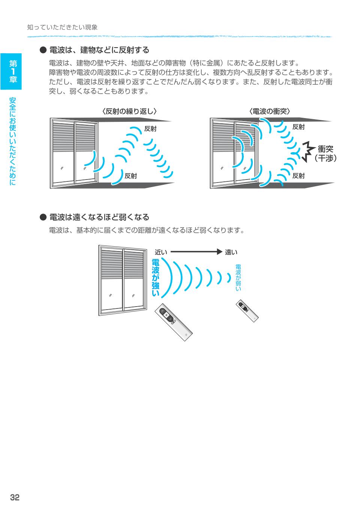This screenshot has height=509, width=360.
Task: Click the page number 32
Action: [15, 497]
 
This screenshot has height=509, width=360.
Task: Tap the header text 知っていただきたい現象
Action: [62, 27]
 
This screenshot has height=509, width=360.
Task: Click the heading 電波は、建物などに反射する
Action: [99, 50]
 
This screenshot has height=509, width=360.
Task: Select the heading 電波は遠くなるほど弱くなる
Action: [99, 217]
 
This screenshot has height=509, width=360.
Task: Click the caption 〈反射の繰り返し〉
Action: [129, 111]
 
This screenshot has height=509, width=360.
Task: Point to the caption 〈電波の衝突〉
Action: [270, 111]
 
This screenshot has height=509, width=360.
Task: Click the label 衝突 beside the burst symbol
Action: [325, 149]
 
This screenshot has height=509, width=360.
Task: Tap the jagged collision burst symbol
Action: [308, 151]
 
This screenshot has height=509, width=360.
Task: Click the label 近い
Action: [161, 252]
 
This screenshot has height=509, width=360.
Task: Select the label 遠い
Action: [231, 252]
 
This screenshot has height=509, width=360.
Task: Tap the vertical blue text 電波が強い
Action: [156, 278]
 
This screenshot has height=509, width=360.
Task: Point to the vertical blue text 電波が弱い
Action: [238, 277]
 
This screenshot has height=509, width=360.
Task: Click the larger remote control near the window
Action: [174, 322]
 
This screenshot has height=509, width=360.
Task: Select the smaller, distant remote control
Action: [247, 311]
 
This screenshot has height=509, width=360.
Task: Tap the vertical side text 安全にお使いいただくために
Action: [12, 141]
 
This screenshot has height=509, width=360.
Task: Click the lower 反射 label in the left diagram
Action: [130, 176]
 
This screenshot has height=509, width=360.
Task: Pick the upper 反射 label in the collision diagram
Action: [298, 127]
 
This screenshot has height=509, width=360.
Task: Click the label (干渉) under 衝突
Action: [325, 158]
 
